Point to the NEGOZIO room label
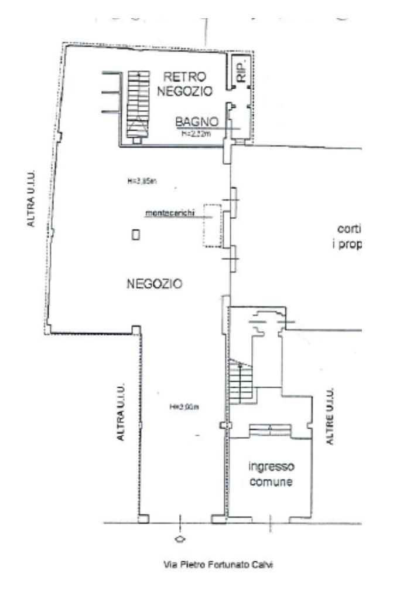click(154, 284)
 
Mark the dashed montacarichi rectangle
click(211, 225)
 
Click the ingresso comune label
click(271, 474)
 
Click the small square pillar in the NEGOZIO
click(136, 235)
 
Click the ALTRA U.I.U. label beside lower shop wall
click(121, 411)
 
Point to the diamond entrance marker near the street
click(180, 538)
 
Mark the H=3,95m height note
click(141, 181)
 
